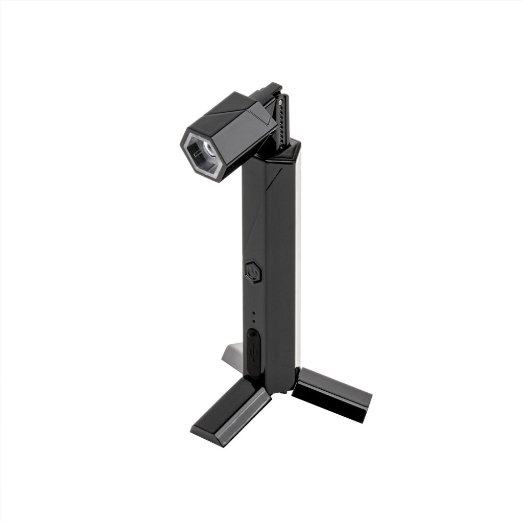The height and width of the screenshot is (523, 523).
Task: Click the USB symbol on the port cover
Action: (x=253, y=352)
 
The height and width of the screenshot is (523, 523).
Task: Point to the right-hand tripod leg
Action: (x=332, y=393)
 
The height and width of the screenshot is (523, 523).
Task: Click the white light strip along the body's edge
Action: (x=298, y=255)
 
